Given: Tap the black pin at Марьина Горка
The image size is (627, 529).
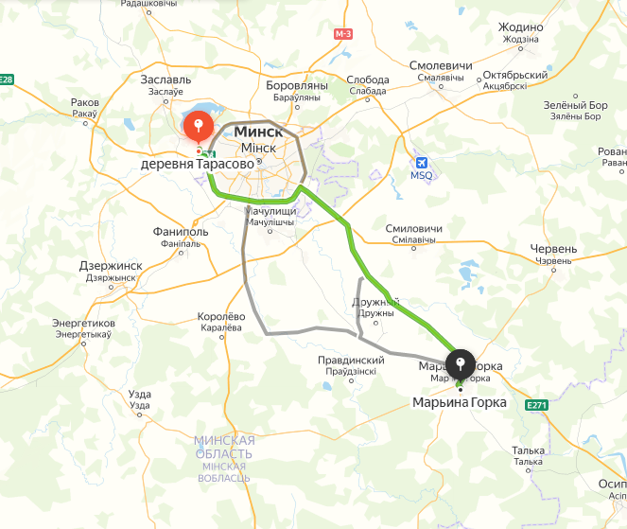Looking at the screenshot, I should [461, 365].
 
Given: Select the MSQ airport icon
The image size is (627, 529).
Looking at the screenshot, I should [422, 161].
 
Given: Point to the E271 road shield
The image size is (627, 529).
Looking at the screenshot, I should [537, 405].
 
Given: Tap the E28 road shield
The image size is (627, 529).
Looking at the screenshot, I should [7, 79].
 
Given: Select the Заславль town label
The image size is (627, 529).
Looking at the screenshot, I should [165, 79].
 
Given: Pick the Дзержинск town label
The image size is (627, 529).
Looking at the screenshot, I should [111, 266].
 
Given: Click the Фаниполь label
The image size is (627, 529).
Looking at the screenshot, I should [181, 232].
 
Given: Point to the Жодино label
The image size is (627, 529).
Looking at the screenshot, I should [520, 27].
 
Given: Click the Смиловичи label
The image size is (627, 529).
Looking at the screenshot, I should [414, 229].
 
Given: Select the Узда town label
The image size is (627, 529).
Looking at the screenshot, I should [139, 394].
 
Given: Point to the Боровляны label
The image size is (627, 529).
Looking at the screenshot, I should [297, 85].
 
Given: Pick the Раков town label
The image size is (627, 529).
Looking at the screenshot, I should [84, 102].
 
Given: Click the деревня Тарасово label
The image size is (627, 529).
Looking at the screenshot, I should [198, 165].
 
